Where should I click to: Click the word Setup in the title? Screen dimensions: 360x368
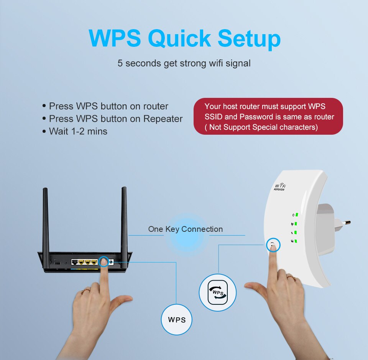(x=249, y=38)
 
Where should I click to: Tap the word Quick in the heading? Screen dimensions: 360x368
(x=179, y=38)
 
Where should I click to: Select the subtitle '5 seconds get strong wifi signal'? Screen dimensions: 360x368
(x=184, y=63)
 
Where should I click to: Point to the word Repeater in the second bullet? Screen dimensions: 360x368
(x=163, y=119)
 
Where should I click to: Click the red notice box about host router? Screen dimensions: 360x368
(x=268, y=116)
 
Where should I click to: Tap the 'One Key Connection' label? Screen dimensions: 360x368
(x=185, y=229)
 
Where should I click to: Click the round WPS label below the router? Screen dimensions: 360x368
(x=176, y=320)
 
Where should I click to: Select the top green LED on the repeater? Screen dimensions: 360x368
(x=297, y=215)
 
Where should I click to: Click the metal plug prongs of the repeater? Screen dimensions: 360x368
(x=345, y=223)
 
